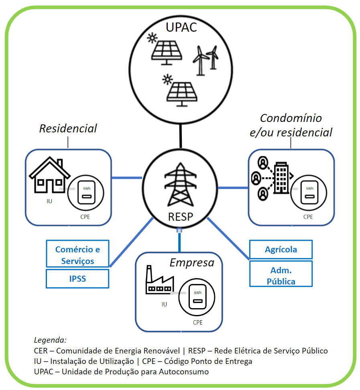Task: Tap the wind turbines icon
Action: pyautogui.click(x=206, y=60)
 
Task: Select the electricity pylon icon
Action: pyautogui.click(x=180, y=185)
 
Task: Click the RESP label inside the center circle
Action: pyautogui.click(x=180, y=217)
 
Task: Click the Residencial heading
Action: pyautogui.click(x=68, y=128)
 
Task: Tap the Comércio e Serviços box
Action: pyautogui.click(x=77, y=255)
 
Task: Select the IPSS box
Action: pyautogui.click(x=77, y=278)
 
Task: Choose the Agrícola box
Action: pyautogui.click(x=281, y=249)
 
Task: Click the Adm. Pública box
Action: pyautogui.click(x=281, y=276)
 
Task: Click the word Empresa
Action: pyautogui.click(x=192, y=263)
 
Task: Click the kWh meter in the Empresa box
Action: pyautogui.click(x=198, y=300)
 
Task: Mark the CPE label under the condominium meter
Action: pyautogui.click(x=308, y=217)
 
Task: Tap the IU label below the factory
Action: pyautogui.click(x=164, y=305)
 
